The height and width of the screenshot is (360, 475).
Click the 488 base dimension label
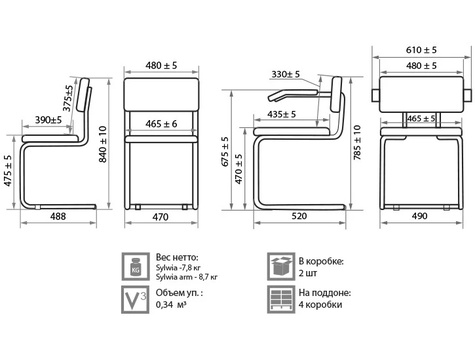pyautogui.click(x=58, y=216)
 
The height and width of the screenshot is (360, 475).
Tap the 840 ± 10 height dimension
pyautogui.click(x=103, y=144)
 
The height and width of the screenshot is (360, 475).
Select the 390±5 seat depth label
pyautogui.click(x=49, y=120)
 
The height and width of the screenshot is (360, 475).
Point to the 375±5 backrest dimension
pyautogui.click(x=68, y=98)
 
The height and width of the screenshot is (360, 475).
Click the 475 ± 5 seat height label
pyautogui.click(x=8, y=171)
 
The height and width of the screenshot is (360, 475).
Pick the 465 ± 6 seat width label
pyautogui.click(x=161, y=124)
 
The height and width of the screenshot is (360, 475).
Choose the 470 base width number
pyautogui.click(x=161, y=217)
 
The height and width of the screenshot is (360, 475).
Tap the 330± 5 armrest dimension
pyautogui.click(x=286, y=74)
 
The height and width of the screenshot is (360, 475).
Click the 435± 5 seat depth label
pyautogui.click(x=282, y=114)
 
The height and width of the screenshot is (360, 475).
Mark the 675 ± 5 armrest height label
pyautogui.click(x=225, y=151)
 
